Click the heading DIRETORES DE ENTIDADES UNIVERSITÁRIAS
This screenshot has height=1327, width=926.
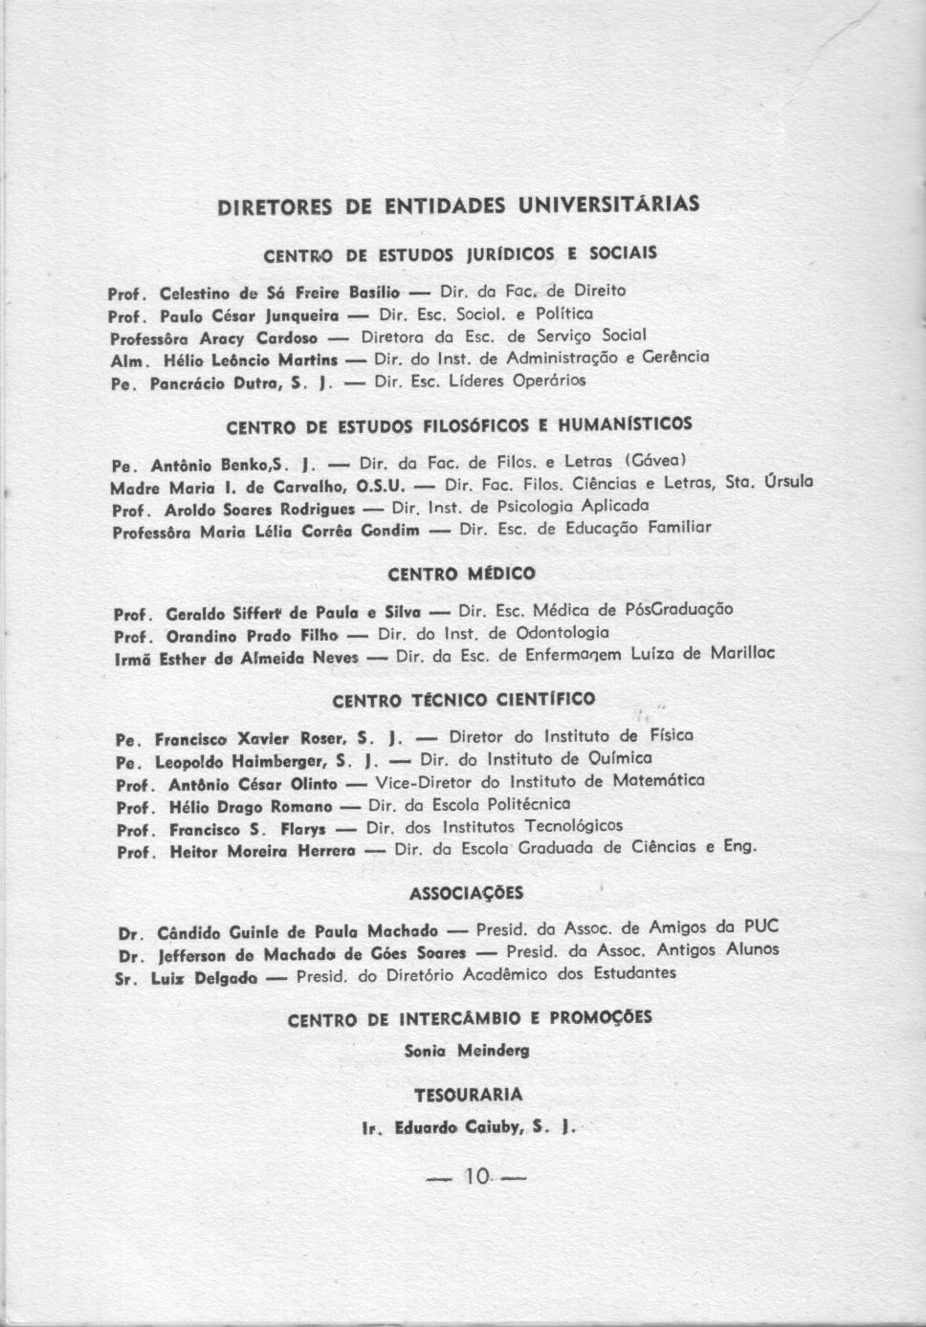coord(458,206)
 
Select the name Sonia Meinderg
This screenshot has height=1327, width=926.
coord(467,1051)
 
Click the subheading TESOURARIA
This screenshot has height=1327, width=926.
coord(469,1094)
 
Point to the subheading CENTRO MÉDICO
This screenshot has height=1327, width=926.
coord(461,575)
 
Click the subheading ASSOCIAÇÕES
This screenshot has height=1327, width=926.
coord(466,894)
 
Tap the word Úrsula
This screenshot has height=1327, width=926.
coord(789,483)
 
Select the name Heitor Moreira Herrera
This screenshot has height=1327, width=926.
coord(262,850)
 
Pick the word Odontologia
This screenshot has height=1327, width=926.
coord(562,633)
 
